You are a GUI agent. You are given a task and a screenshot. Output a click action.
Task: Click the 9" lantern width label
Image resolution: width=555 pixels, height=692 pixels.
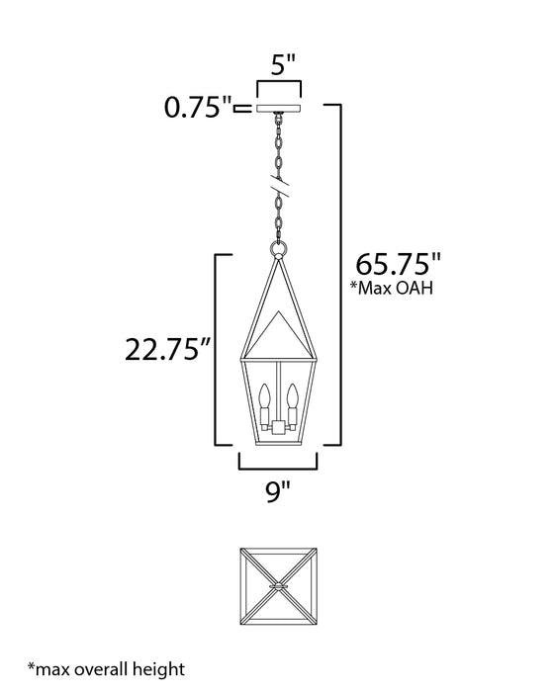point(278,489)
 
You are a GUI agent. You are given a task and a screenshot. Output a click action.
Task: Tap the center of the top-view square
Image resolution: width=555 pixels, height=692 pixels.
point(278,586)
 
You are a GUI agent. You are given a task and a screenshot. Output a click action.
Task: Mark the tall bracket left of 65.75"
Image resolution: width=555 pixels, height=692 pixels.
point(342,277)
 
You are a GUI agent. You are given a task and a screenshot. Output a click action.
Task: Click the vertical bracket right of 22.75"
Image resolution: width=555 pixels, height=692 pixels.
point(217,351)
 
